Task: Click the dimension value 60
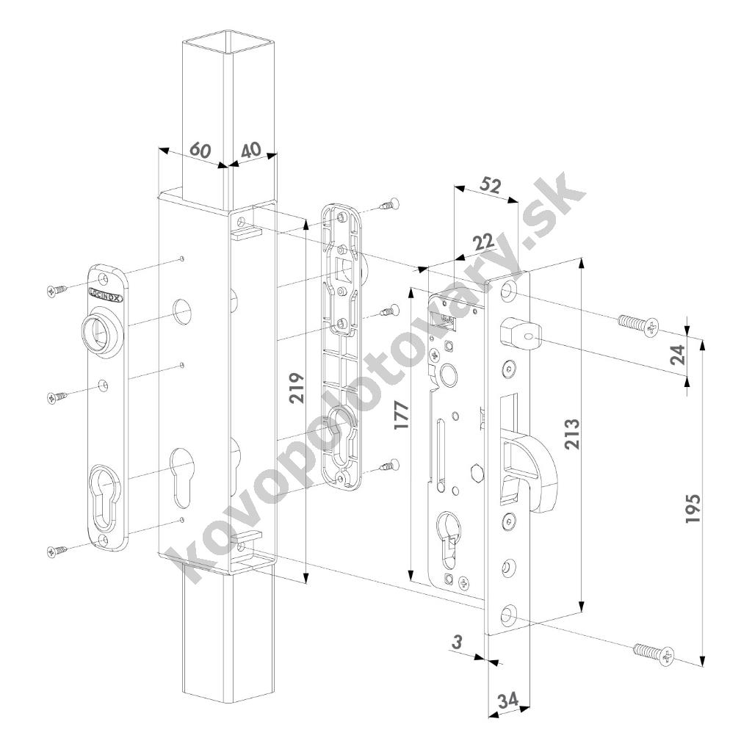200,149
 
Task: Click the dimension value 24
679,355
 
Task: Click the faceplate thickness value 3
457,642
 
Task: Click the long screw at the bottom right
653,651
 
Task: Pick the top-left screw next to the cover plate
57,291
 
